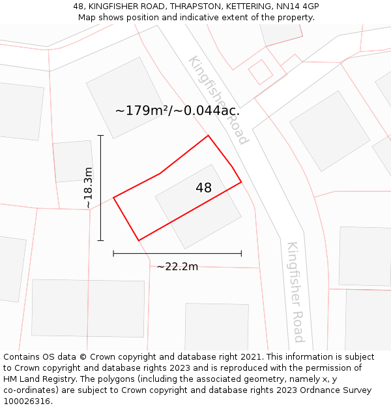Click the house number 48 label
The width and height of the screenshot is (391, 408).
click(203, 188)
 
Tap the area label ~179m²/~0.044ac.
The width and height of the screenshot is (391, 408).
click(177, 110)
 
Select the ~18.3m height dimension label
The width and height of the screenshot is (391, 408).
click(88, 188)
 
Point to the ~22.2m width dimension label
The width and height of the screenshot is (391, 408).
click(177, 266)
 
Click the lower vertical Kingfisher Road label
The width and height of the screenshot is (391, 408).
click(296, 292)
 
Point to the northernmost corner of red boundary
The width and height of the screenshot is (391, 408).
click(208, 136)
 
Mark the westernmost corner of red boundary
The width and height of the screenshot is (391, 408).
click(114, 197)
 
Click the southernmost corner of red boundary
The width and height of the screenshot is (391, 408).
click(139, 240)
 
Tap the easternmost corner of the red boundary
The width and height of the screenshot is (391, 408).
click(241, 181)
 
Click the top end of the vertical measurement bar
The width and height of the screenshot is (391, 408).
click(100, 135)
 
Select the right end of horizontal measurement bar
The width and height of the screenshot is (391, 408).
click(241, 253)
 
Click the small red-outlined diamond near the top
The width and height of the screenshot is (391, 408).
click(261, 72)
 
